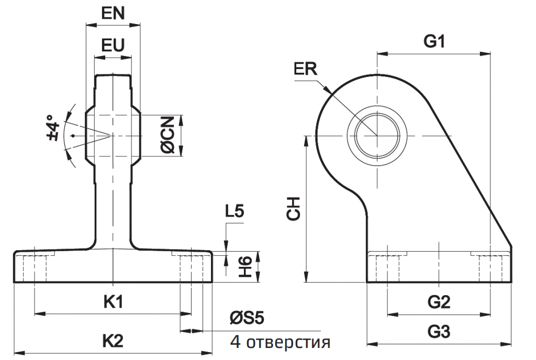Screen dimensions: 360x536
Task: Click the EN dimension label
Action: point(113,14)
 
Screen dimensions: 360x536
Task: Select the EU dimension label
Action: point(113,46)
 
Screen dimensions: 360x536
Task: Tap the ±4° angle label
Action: point(52,129)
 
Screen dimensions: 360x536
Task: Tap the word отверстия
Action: point(288,343)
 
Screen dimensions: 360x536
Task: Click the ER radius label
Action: point(306,70)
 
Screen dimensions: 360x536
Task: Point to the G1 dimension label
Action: point(434,42)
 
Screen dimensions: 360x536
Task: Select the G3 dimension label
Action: point(438,332)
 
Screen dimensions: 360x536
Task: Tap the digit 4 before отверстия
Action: point(236,343)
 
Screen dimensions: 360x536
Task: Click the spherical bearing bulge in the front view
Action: point(113,136)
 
